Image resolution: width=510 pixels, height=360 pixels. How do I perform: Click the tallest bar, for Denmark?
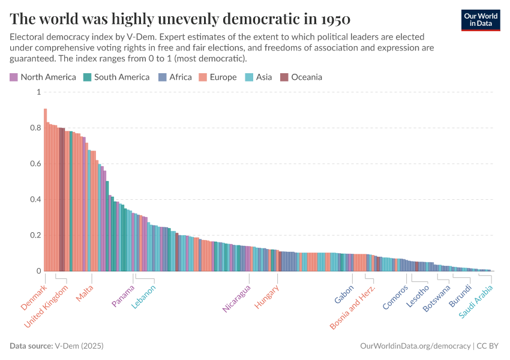(45, 192)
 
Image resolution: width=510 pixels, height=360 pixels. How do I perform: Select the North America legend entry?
(43, 77)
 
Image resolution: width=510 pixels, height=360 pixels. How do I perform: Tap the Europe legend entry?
(218, 77)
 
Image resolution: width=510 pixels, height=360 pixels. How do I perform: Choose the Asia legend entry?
(259, 77)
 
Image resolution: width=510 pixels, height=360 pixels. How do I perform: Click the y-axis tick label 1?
(38, 92)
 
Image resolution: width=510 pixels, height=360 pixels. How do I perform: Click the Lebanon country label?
(143, 296)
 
